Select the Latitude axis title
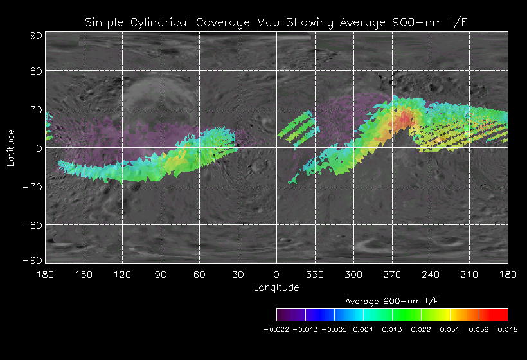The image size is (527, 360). coord(11,147)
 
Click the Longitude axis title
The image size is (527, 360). coord(276,287)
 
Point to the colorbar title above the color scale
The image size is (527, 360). coord(392,301)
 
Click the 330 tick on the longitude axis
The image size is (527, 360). coord(315,274)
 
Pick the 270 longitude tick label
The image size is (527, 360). coord(392,274)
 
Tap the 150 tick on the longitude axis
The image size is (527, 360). coord(84,274)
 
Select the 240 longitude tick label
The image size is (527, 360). coord(431,274)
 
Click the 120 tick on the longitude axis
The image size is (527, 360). coord(122,274)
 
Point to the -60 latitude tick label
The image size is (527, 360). coord(33,225)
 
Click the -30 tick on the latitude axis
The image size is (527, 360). coord(33,186)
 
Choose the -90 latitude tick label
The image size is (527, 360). coord(33,260)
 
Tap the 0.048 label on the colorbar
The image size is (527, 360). coord(508,329)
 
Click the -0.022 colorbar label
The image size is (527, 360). coord(276,329)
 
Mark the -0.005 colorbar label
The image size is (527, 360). coord(334,329)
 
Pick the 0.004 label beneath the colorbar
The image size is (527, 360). coord(363,329)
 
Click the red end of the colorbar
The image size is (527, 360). coord(501,314)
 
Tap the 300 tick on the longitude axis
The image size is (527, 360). coord(353,274)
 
